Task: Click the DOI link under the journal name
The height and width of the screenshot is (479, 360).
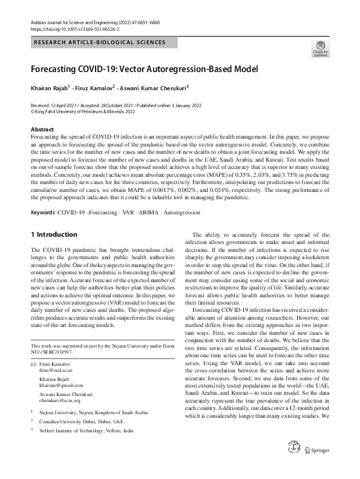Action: (x=75, y=28)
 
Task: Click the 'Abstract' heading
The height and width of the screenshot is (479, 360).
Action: (x=42, y=130)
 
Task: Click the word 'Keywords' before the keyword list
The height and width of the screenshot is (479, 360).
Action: (x=43, y=179)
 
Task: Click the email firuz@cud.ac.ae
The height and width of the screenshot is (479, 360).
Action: (x=57, y=368)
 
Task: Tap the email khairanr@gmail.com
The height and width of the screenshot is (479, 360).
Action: (x=61, y=386)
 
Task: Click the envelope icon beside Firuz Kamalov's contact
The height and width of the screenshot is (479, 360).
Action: (x=33, y=363)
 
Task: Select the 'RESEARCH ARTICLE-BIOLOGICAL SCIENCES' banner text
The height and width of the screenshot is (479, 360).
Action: (x=100, y=42)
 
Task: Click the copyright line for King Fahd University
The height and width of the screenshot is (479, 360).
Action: (x=83, y=111)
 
